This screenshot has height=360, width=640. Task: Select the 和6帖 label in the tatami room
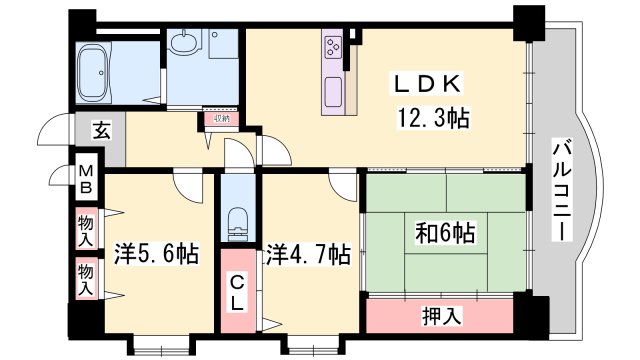click(447, 236)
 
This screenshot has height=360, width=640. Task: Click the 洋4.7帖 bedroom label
click(307, 254)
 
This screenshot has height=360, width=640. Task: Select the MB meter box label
click(87, 179)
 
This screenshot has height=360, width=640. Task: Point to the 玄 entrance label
click(102, 129)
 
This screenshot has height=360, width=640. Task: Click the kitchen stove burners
click(334, 45)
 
